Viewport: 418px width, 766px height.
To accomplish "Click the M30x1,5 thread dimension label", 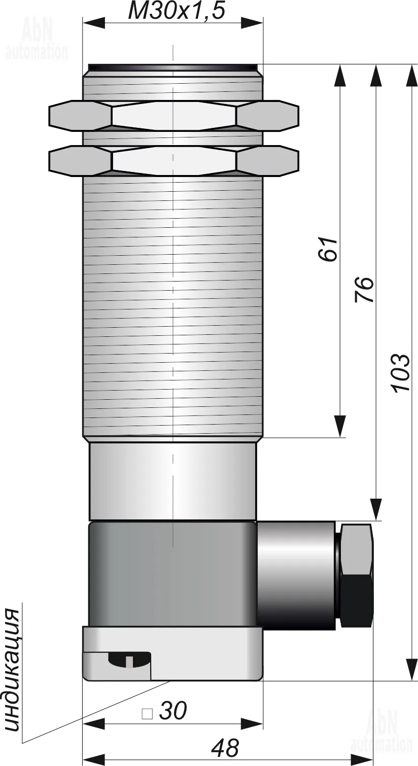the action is click(x=177, y=11).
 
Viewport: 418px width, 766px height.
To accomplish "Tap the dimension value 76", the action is click(x=364, y=289).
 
